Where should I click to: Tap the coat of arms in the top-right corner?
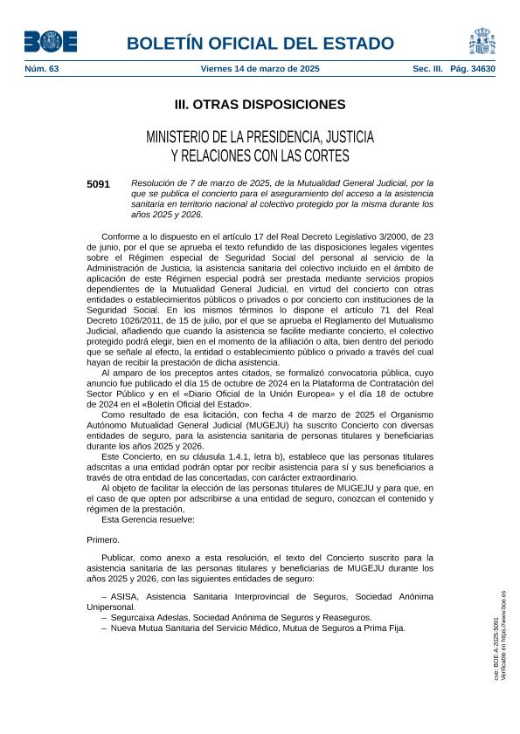(x=482, y=41)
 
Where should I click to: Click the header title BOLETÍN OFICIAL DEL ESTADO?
(x=260, y=44)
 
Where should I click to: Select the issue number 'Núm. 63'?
(x=40, y=68)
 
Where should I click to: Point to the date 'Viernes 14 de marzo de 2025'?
(x=260, y=68)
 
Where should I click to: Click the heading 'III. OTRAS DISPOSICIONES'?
(x=260, y=105)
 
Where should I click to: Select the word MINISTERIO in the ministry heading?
(x=181, y=138)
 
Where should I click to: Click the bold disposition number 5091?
(x=99, y=183)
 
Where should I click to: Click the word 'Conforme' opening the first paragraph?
(x=121, y=237)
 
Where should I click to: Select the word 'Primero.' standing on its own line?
(x=103, y=539)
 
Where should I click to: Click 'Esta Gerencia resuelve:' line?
(x=148, y=518)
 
